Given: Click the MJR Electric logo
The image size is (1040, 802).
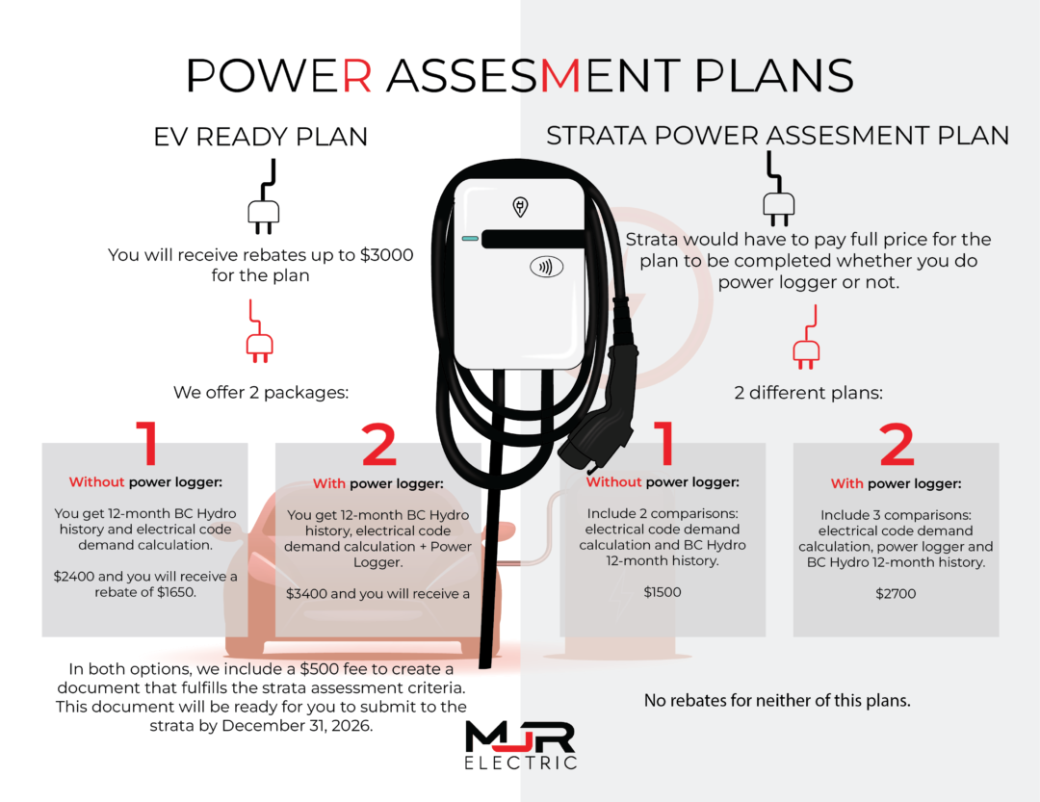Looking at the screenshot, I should click(520, 744).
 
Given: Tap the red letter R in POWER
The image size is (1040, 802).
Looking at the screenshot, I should click(356, 75).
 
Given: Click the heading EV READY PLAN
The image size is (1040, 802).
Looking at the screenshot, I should click(260, 137).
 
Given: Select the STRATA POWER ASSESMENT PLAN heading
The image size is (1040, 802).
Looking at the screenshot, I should click(777, 137).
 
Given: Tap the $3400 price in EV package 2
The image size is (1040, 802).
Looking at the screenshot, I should click(305, 594).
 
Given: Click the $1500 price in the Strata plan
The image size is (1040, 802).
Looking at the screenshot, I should click(663, 592).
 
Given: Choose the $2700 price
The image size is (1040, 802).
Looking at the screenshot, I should click(896, 594).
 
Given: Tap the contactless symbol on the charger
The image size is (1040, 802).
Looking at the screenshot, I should click(547, 267).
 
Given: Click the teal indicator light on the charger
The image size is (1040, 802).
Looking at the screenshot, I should click(470, 238).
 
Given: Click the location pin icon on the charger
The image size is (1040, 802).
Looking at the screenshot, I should click(520, 205).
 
